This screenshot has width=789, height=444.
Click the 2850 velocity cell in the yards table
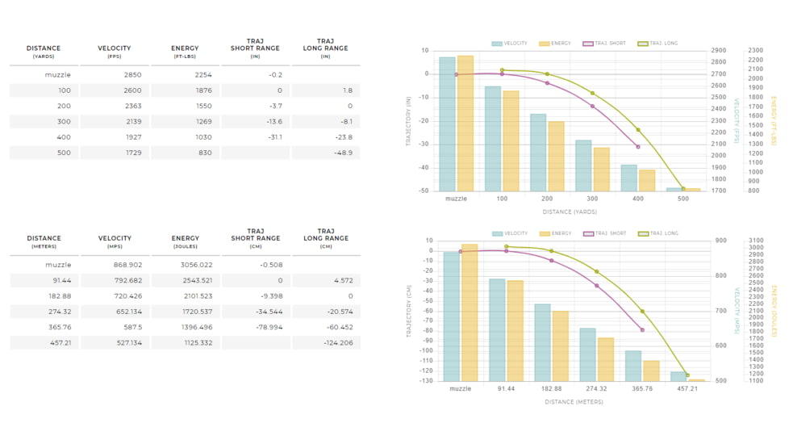132,74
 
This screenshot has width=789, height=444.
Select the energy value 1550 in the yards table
202,106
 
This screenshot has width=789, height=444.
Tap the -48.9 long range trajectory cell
343,153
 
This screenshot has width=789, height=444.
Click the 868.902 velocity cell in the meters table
127,265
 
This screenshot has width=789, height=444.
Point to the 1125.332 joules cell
198,343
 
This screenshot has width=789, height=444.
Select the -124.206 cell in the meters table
338,343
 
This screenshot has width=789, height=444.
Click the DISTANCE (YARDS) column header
44,52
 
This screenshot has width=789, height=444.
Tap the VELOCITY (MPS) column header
115,241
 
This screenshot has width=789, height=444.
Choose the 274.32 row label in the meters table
60,312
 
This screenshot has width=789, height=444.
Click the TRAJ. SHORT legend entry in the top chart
604,44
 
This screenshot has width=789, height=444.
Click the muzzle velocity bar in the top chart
447,124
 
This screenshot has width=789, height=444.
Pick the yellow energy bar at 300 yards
601,170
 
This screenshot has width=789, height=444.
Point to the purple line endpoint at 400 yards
638,147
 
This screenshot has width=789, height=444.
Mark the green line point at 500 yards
683,189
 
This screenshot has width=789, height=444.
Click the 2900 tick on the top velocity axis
719,50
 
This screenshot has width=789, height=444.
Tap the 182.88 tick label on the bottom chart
551,388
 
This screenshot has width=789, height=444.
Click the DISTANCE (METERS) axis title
574,402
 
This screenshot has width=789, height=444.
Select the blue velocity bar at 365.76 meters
633,366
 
